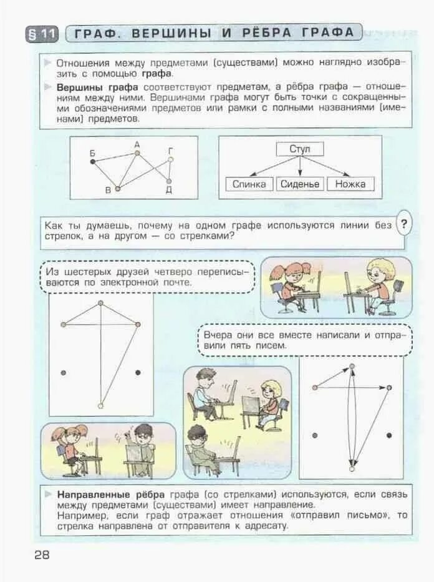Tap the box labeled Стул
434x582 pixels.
click(x=299, y=149)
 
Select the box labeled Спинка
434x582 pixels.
click(x=249, y=184)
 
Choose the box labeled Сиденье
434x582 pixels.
click(x=299, y=184)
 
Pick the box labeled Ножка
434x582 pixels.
click(x=350, y=184)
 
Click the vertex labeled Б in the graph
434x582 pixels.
click(x=93, y=161)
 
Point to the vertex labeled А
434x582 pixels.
click(x=137, y=153)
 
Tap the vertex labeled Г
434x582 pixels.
click(x=170, y=160)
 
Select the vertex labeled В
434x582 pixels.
click(x=117, y=187)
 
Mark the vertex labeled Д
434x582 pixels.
click(x=168, y=182)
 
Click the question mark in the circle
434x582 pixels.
click(x=404, y=225)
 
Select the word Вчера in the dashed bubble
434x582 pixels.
click(x=218, y=335)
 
